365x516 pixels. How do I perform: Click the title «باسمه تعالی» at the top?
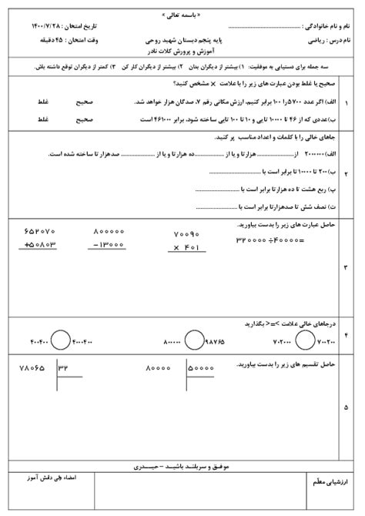(x=182, y=13)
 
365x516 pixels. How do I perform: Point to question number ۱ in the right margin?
(x=344, y=102)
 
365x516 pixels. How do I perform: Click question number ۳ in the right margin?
(x=344, y=267)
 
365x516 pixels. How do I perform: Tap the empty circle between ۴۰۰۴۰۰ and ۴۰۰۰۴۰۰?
(x=59, y=337)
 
